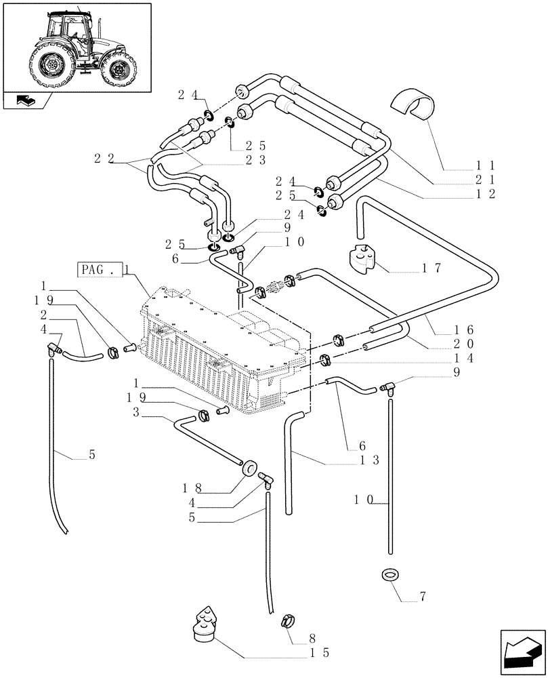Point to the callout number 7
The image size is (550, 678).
coord(423,597)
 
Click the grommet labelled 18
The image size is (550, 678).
coord(248,466)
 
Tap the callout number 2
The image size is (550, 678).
coord(44,315)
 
